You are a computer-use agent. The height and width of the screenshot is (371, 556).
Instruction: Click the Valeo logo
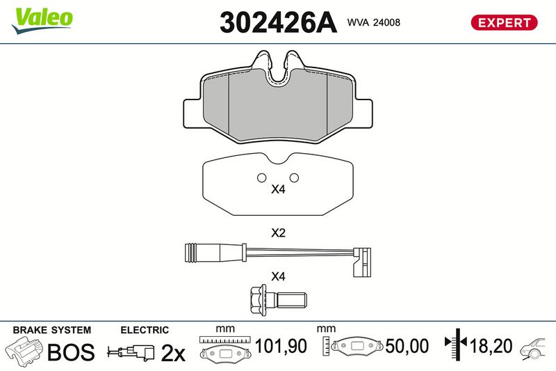(42, 21)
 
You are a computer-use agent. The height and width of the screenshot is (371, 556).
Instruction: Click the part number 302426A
(278, 22)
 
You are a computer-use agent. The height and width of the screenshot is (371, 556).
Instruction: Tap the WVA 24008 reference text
(374, 22)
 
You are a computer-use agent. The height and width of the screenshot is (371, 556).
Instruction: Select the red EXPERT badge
(504, 22)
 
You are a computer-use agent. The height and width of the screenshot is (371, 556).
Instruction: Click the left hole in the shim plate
(262, 177)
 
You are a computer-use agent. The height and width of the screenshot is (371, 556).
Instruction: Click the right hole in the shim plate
(294, 177)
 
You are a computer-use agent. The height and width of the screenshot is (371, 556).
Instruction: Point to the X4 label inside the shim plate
(278, 189)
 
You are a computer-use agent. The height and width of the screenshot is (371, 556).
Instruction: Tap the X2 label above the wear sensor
(278, 233)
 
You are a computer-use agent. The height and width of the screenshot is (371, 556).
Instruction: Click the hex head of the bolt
(259, 299)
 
